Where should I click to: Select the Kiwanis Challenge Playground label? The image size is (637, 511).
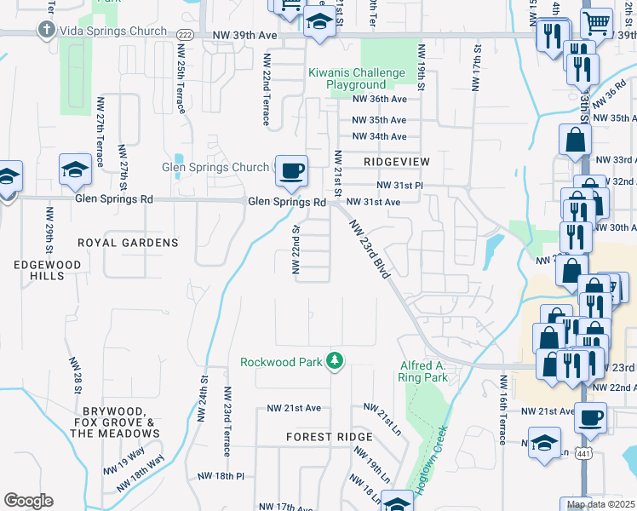coord(358,79)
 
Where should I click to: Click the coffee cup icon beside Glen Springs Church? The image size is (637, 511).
coord(290,170)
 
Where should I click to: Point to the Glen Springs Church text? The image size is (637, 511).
coord(215,168)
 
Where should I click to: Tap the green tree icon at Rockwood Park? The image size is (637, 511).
coord(336,362)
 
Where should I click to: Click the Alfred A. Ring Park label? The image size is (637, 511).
coord(423,371)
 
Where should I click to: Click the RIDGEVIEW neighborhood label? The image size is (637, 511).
coord(396,161)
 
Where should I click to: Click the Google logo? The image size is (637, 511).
coord(28,500)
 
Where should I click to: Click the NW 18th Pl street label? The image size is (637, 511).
coord(221,476)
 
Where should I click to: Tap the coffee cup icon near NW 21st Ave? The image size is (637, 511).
coord(590,417)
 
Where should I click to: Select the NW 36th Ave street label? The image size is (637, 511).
coord(379,99)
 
